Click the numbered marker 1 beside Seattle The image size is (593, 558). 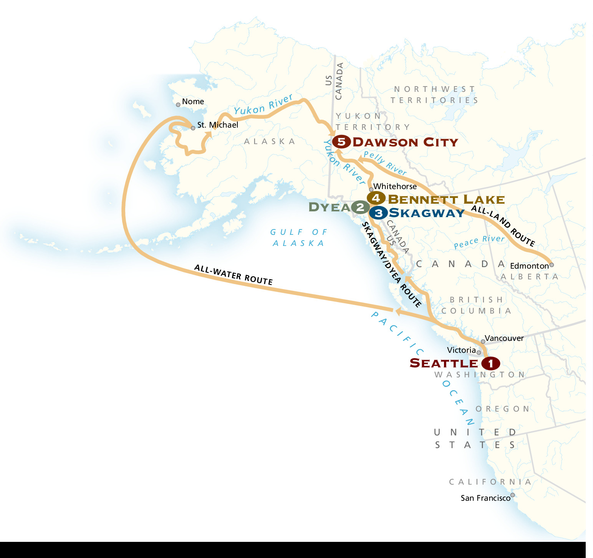tap(490, 363)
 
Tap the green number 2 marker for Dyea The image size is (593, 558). tap(360, 208)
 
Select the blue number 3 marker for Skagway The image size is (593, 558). tap(378, 213)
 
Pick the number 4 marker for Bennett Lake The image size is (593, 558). tap(376, 198)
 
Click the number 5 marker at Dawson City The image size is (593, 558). tap(341, 142)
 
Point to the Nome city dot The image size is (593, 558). tap(178, 105)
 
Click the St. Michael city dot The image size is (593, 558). tap(193, 128)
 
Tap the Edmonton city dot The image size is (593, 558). tap(552, 265)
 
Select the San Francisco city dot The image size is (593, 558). tap(512, 495)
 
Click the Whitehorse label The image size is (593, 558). tap(395, 186)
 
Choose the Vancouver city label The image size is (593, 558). tap(504, 338)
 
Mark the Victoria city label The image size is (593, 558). tap(461, 350)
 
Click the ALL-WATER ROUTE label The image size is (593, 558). tap(233, 274)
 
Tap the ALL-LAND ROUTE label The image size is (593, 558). tap(503, 226)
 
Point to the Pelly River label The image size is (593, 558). tap(385, 163)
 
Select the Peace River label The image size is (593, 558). tap(479, 242)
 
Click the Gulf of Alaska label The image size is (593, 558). tap(299, 237)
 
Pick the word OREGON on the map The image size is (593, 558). tap(503, 409)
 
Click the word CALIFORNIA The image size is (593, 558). tap(490, 482)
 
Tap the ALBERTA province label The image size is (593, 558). tap(529, 277)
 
